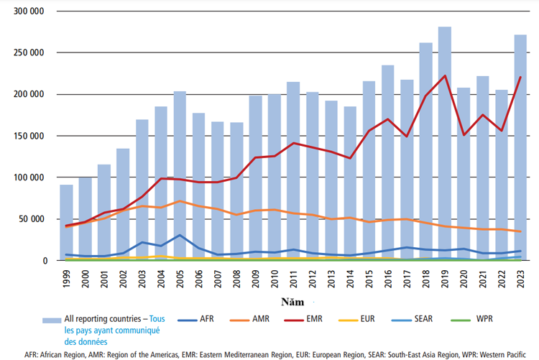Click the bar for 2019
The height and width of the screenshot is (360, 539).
coord(444,144)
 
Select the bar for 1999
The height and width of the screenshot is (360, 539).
coord(66,223)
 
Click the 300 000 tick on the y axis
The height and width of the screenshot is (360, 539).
coord(31,12)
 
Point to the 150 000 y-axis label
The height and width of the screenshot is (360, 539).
coord(31,136)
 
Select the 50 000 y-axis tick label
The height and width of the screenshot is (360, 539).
coord(34,219)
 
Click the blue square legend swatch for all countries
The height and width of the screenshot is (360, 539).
coord(51,319)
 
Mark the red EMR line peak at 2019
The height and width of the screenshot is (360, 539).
coord(444,75)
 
